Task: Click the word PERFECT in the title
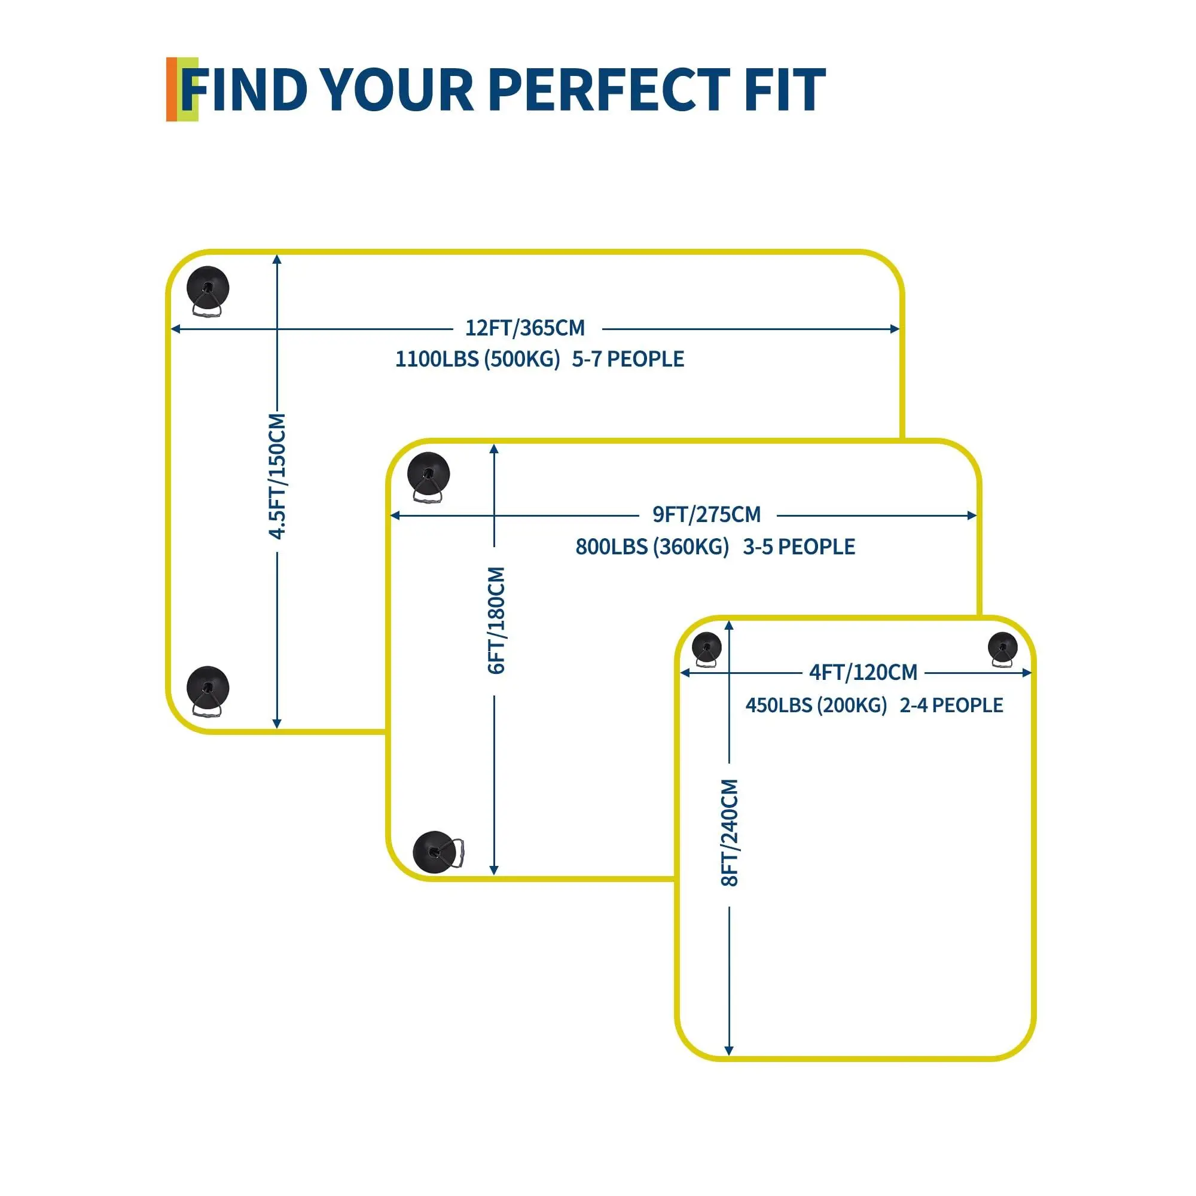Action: (x=609, y=90)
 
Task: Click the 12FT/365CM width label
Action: (x=525, y=328)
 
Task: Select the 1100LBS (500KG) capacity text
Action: (x=478, y=359)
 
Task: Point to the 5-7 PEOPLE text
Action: (x=628, y=359)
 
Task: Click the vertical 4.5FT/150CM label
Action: (x=277, y=476)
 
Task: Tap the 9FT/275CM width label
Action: (x=707, y=514)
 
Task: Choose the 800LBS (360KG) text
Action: (x=652, y=547)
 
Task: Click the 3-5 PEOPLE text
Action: (x=799, y=547)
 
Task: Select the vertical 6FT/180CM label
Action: (x=496, y=620)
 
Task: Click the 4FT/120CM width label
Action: (x=864, y=672)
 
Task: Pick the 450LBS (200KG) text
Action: (x=816, y=705)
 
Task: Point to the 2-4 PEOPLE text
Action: (x=951, y=705)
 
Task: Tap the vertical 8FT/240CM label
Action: (x=731, y=832)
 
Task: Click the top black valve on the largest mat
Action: (x=208, y=292)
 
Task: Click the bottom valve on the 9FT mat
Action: (x=438, y=852)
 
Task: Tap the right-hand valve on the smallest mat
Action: (x=1002, y=649)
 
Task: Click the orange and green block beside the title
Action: (x=182, y=89)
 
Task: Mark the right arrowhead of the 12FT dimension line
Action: (x=895, y=329)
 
